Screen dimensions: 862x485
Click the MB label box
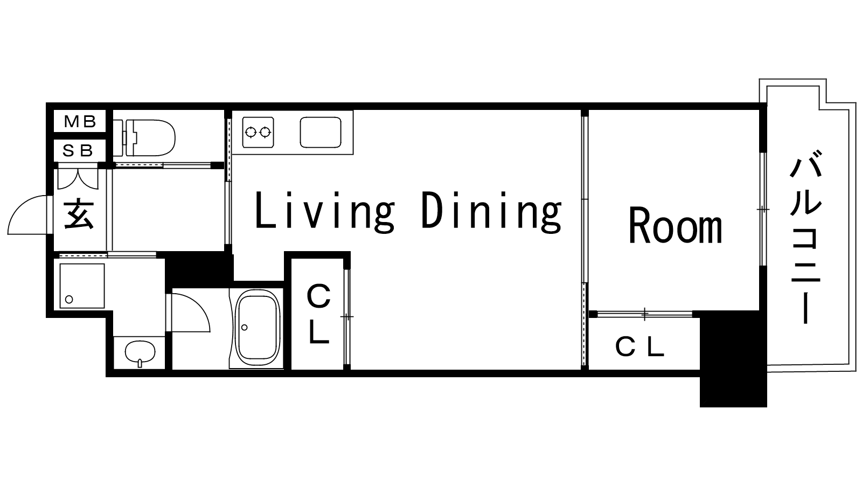80,121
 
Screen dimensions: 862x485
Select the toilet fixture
145,137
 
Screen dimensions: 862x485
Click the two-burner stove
258,133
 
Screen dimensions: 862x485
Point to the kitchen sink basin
321,133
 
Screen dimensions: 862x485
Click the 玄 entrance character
79,214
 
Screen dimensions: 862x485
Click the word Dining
491,212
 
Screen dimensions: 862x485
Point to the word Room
676,225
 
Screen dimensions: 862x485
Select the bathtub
257,328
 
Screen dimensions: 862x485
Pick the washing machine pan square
82,286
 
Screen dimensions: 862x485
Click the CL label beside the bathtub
318,313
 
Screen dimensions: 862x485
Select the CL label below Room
639,347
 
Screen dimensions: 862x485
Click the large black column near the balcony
733,359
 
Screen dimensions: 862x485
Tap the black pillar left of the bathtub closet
199,269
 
